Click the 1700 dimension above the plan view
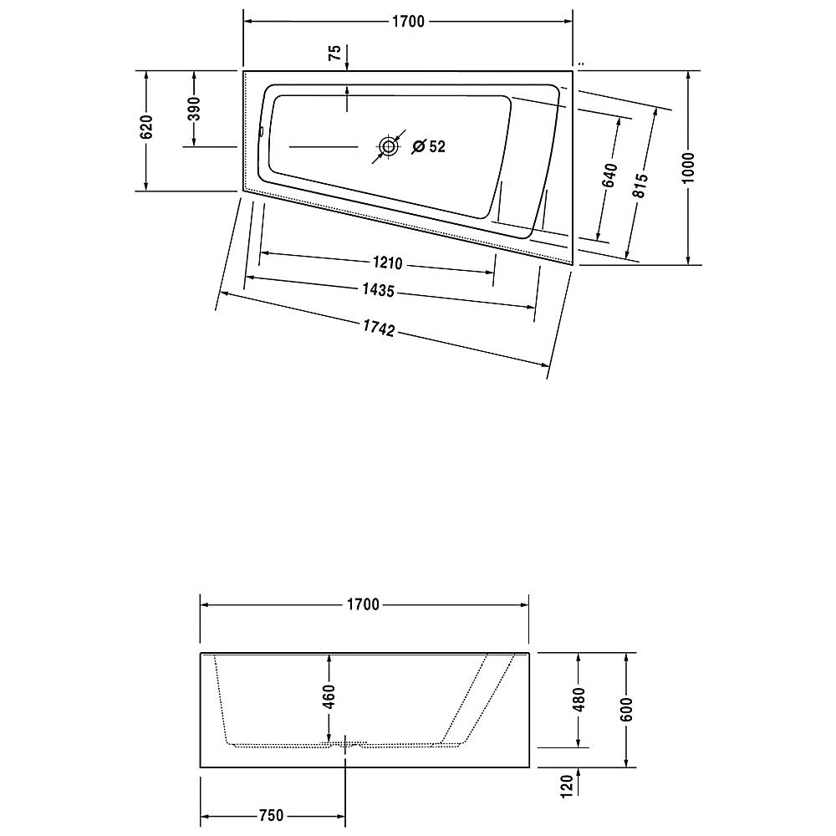tap(409, 22)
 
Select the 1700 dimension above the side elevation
tap(364, 604)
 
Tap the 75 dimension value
tap(334, 54)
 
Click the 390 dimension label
tap(194, 110)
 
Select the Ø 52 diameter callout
tap(429, 146)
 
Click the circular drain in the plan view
tap(388, 147)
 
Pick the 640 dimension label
tap(609, 175)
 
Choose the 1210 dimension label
tap(388, 264)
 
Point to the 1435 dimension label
tap(379, 290)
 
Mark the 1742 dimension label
tap(378, 328)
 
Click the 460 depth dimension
tap(329, 695)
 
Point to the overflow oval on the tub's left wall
tap(261, 131)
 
